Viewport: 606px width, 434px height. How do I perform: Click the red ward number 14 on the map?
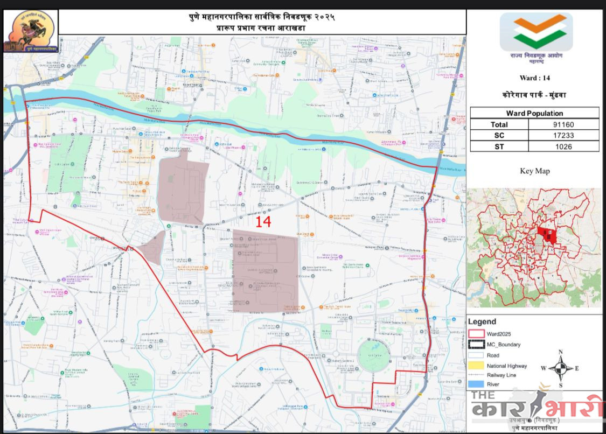click(x=263, y=222)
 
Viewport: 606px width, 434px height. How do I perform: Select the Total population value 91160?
click(x=563, y=124)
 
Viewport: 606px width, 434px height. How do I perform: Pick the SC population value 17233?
click(x=563, y=135)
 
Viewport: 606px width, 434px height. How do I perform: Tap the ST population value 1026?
click(x=563, y=146)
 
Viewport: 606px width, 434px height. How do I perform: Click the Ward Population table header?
click(x=534, y=113)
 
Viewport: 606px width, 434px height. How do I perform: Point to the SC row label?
click(x=499, y=135)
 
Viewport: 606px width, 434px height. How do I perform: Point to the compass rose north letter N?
click(x=560, y=352)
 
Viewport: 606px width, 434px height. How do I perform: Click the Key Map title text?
click(x=534, y=171)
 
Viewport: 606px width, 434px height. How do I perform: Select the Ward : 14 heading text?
click(x=534, y=78)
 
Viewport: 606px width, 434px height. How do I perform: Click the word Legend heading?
click(x=482, y=322)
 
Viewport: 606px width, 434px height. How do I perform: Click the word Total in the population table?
click(x=499, y=124)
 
